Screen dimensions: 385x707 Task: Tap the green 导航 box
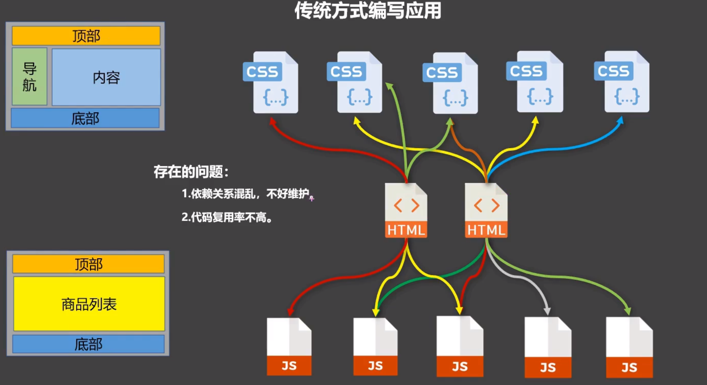tap(29, 77)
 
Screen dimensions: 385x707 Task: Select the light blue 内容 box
tap(106, 77)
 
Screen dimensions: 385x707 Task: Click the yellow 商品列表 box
tap(89, 304)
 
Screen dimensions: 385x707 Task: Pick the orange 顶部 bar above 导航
tap(86, 36)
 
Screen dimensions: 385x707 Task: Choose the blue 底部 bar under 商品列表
tap(88, 344)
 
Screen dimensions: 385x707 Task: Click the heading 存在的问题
tap(191, 171)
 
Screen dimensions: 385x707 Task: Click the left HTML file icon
tap(406, 210)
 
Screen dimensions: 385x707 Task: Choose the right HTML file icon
tap(486, 210)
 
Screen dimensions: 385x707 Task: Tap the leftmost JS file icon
tap(289, 346)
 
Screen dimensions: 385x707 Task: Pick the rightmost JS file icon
tap(629, 347)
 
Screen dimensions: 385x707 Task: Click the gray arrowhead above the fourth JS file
tap(547, 311)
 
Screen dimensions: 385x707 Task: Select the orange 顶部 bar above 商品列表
tap(89, 264)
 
